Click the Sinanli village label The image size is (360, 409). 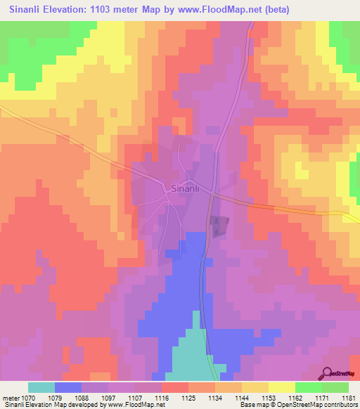tap(186, 188)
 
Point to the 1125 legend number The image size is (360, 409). tap(188, 398)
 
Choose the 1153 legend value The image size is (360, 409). tap(269, 398)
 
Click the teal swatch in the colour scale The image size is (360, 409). tap(41, 387)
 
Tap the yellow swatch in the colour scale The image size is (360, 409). tap(282, 387)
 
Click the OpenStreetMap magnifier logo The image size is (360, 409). tap(328, 374)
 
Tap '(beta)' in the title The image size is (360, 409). tap(273, 10)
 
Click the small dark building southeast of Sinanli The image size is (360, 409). tap(219, 225)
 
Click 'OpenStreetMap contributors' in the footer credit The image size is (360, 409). tap(324, 405)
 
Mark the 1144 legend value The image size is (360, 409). tap(242, 398)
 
